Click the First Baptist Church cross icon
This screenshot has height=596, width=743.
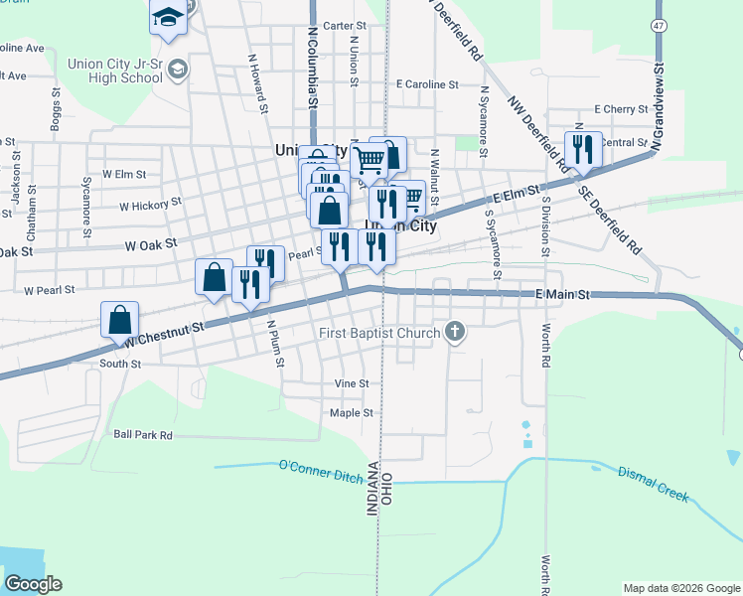(x=455, y=332)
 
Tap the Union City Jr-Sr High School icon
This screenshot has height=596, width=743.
(x=178, y=69)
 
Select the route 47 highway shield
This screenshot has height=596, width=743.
(x=659, y=24)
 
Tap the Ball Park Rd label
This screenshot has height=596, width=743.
(x=143, y=435)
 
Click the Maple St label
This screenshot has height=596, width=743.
(x=351, y=412)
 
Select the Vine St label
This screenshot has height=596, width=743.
(x=352, y=383)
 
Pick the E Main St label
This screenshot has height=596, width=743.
(x=562, y=295)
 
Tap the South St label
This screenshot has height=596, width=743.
(x=120, y=365)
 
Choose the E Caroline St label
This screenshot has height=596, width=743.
(x=426, y=85)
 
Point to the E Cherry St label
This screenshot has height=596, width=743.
(x=620, y=109)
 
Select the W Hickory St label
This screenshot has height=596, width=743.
(x=150, y=205)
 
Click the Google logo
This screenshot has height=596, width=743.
(x=33, y=584)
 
